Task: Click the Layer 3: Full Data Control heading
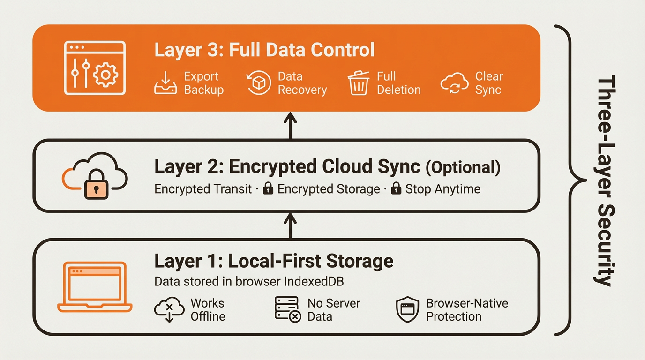[264, 50]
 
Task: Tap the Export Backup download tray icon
[165, 83]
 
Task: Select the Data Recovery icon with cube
[259, 83]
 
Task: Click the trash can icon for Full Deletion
[359, 83]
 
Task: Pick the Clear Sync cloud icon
[454, 83]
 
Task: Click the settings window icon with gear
[95, 68]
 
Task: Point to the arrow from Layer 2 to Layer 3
[291, 125]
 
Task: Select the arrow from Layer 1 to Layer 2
[291, 225]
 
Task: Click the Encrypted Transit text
[203, 189]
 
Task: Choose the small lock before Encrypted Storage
[268, 189]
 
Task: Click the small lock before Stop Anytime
[396, 189]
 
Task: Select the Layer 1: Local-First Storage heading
[274, 261]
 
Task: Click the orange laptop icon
[95, 287]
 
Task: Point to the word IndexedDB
[314, 282]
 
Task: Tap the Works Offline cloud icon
[169, 309]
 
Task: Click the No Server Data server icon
[287, 309]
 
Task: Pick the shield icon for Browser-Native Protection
[407, 309]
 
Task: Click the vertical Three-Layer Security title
[605, 180]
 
